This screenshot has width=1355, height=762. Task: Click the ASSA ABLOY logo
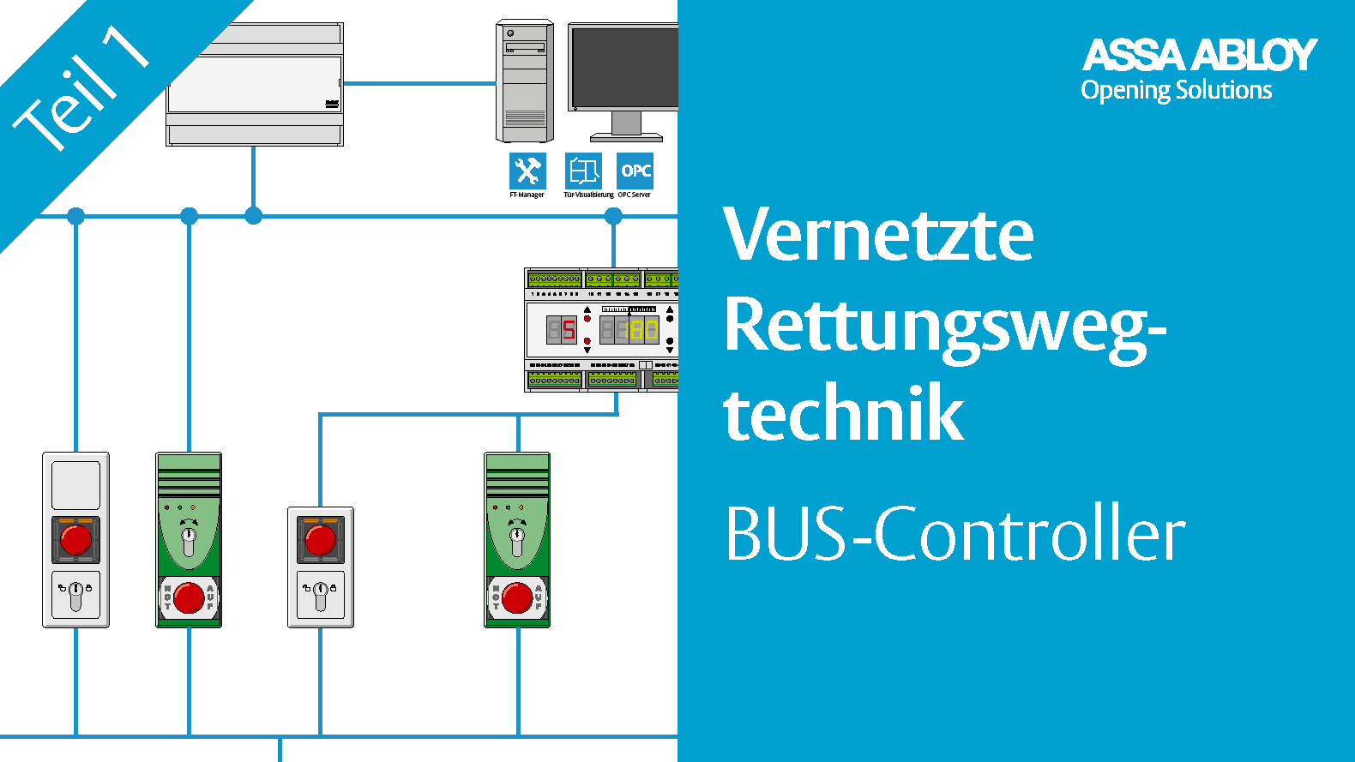pyautogui.click(x=1199, y=55)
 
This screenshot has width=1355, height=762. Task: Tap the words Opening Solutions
pyautogui.click(x=1176, y=91)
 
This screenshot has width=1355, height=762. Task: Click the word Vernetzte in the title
pyautogui.click(x=878, y=234)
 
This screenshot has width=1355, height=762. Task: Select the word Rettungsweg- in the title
pyautogui.click(x=944, y=327)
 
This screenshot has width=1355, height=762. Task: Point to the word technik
pyautogui.click(x=844, y=414)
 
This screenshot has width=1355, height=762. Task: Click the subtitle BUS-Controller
pyautogui.click(x=955, y=534)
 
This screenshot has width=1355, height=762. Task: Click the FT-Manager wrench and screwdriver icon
pyautogui.click(x=527, y=171)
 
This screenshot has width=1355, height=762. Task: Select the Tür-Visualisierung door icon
pyautogui.click(x=583, y=171)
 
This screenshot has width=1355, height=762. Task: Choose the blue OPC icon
pyautogui.click(x=635, y=171)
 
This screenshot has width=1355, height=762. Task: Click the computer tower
pyautogui.click(x=524, y=81)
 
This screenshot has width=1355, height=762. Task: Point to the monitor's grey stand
pyautogui.click(x=626, y=126)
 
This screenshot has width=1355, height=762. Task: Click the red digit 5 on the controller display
pyautogui.click(x=569, y=329)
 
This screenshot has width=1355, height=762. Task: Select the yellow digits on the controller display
pyautogui.click(x=644, y=329)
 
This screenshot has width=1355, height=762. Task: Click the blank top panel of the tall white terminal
pyautogui.click(x=76, y=485)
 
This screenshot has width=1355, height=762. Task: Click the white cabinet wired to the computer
pyautogui.click(x=255, y=84)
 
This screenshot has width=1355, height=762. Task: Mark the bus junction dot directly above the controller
pyautogui.click(x=613, y=216)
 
